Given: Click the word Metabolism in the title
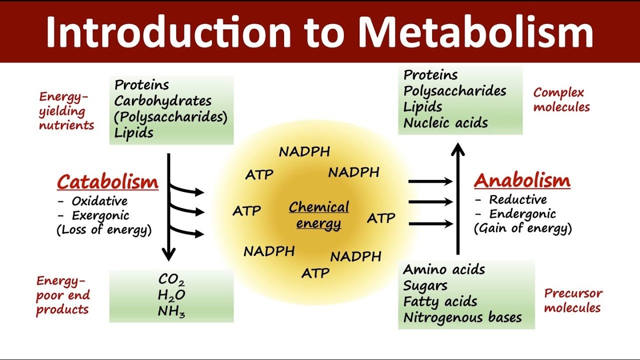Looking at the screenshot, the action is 475,31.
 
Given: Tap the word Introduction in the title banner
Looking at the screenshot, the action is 168,31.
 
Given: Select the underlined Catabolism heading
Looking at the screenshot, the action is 107,182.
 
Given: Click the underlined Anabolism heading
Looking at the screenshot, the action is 522,180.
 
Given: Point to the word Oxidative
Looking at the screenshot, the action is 99,201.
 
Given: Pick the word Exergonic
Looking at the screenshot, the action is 100,215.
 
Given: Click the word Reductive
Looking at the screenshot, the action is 518,199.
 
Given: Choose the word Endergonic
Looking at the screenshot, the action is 523,214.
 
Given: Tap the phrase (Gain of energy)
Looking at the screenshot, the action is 523,228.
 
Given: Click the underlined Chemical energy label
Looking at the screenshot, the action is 319,215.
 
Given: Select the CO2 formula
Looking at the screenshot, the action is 171,279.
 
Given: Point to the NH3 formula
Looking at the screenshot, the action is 171,311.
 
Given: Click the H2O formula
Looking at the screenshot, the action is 171,295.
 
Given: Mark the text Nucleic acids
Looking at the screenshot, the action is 445,123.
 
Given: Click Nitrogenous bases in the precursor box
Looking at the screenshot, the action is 462,317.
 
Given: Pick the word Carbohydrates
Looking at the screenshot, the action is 163,101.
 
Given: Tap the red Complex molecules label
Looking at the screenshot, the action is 561,100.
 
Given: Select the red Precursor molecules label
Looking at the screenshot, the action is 573,300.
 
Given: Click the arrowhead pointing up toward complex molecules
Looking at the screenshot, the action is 458,148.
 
